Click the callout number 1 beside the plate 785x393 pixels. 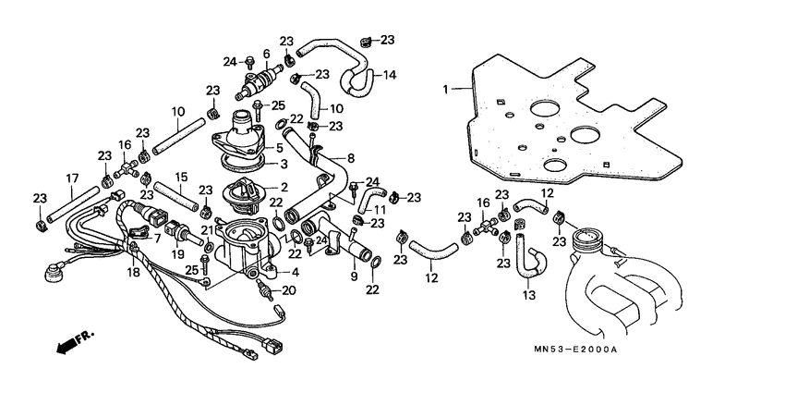tap(445, 90)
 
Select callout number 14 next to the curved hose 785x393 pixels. tap(389, 75)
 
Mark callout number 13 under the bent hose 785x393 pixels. tap(529, 296)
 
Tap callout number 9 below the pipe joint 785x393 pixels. tap(354, 276)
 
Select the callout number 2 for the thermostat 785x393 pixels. tap(284, 187)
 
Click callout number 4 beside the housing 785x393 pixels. tap(296, 273)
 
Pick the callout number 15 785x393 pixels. tap(181, 176)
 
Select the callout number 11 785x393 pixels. tap(380, 210)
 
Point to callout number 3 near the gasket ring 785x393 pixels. tap(284, 164)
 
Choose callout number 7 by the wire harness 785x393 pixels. tap(157, 238)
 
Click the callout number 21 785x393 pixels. tap(208, 230)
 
